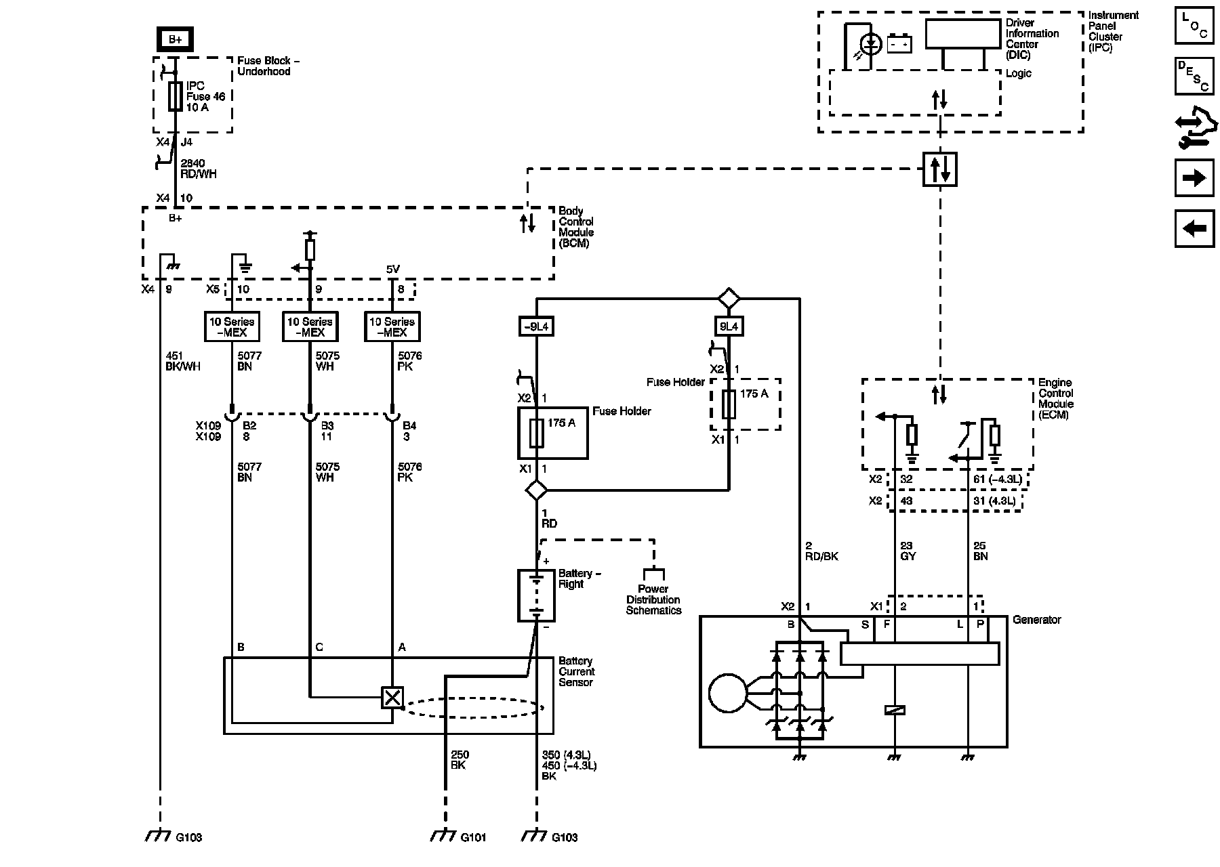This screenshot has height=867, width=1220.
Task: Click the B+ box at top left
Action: [175, 39]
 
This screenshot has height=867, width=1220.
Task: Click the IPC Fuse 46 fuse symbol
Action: [175, 97]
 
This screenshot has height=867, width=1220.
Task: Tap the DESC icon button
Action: [1194, 77]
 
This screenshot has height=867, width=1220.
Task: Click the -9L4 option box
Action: [536, 327]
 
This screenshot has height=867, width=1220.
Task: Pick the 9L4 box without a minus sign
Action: [729, 327]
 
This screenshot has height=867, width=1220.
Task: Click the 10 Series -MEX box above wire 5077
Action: [232, 326]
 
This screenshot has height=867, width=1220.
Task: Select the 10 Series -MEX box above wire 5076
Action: [392, 326]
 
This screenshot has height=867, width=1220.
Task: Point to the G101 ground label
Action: [474, 837]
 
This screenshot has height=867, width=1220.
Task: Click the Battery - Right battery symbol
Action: [536, 595]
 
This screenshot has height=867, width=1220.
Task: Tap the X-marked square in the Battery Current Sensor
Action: [392, 698]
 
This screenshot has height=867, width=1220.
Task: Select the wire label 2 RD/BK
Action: [821, 551]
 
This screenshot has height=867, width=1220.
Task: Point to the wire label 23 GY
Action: [908, 551]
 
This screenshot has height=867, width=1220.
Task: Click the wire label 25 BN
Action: [980, 551]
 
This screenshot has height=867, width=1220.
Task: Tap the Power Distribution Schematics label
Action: [653, 599]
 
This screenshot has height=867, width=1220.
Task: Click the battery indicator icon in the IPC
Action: [899, 44]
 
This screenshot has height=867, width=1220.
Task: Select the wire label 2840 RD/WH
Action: [198, 169]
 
